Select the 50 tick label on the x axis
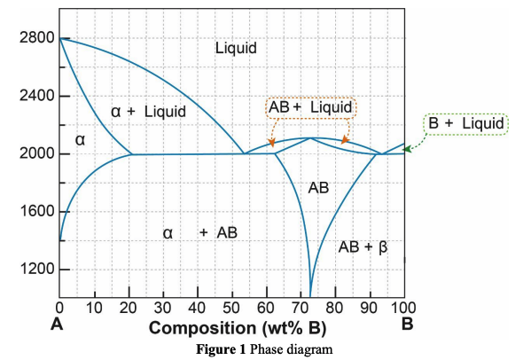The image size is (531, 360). point(232,308)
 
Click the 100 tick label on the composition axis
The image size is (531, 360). point(404,308)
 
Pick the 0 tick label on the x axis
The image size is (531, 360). point(60,308)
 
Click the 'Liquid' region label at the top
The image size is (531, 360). point(236,48)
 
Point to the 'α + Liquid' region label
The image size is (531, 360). point(148,112)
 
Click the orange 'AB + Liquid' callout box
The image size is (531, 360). point(310,107)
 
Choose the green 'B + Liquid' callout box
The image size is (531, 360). point(466,123)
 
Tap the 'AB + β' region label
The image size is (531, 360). point(363,247)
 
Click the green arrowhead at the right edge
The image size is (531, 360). point(408,150)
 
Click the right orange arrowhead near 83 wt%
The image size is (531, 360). point(345,140)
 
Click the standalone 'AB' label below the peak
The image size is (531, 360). point(318,188)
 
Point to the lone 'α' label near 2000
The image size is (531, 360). point(79,141)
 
